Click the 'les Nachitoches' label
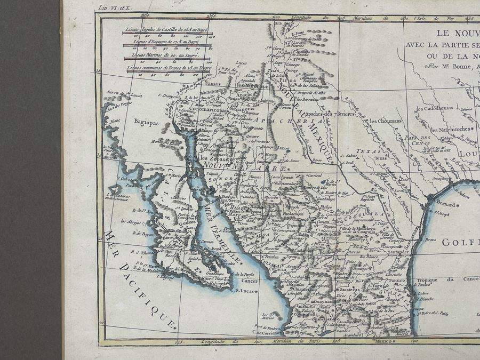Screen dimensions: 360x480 (451, 130)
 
